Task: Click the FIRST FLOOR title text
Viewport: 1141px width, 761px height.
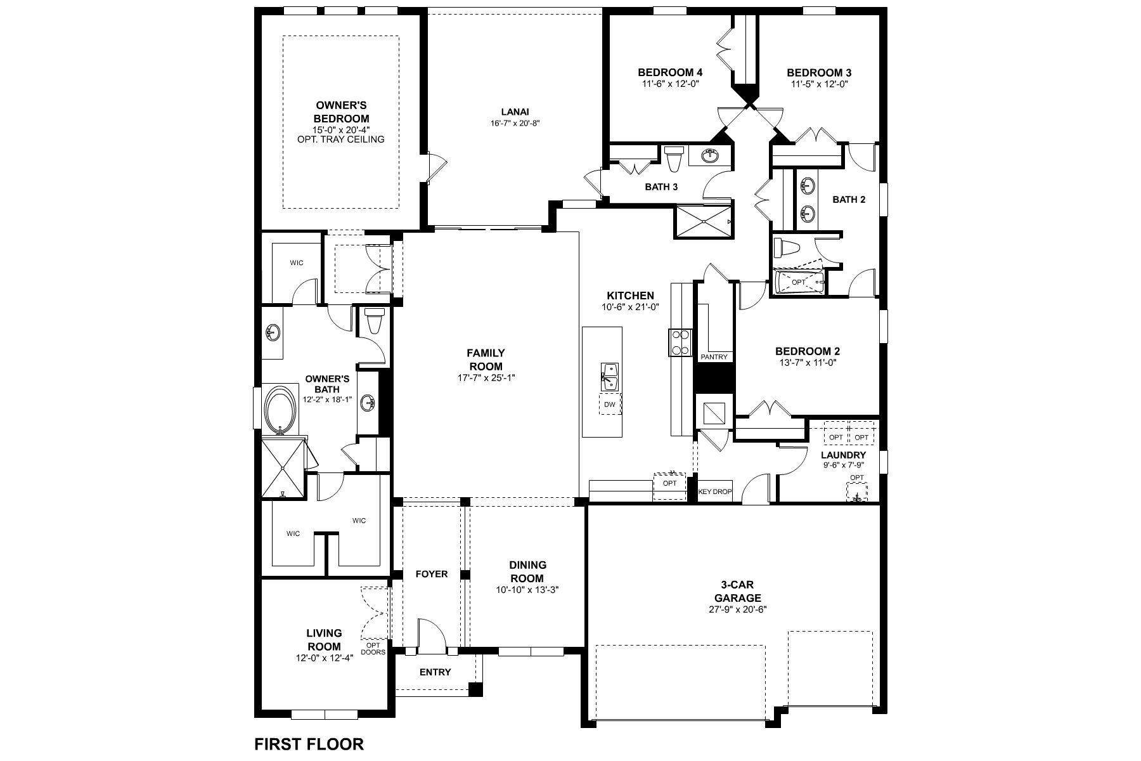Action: tap(309, 743)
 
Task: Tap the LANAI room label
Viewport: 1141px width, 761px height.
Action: tap(514, 112)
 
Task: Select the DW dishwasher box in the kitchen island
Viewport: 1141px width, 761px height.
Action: tap(610, 404)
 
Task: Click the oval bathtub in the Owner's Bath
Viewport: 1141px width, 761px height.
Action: tap(280, 410)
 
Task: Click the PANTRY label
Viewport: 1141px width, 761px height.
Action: tap(714, 357)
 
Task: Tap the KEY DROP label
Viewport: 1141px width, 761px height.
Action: tap(714, 491)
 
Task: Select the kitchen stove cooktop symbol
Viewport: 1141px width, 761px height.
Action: tap(680, 342)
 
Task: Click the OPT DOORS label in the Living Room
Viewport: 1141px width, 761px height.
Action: tap(373, 648)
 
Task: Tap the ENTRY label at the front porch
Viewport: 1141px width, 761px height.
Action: tap(435, 672)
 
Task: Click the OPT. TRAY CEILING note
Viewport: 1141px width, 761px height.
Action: tap(341, 140)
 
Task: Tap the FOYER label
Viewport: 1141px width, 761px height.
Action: tap(432, 575)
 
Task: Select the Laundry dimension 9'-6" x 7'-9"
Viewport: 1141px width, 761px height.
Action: tap(843, 465)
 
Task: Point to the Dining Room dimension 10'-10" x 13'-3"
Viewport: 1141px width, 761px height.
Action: tap(527, 589)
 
